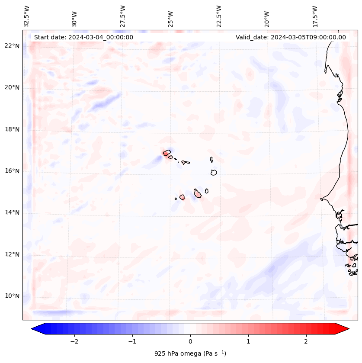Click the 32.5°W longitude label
(x=27, y=16)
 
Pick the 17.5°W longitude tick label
(x=315, y=16)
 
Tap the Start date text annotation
(x=83, y=37)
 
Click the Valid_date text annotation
(x=291, y=37)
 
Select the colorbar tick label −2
(x=74, y=341)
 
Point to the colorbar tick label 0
(x=190, y=341)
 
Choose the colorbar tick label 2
(x=306, y=341)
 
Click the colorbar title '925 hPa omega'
(x=190, y=353)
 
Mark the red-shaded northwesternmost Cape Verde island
(x=167, y=153)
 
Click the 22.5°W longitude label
(x=219, y=16)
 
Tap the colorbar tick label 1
(x=248, y=341)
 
